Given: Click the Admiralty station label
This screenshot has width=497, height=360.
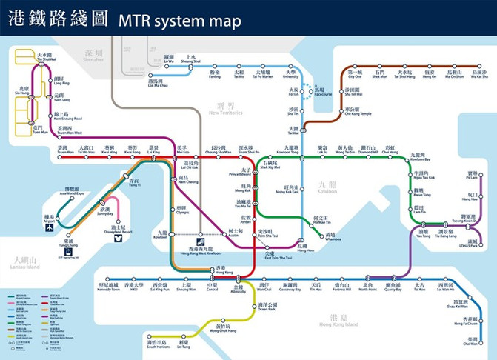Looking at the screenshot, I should (239, 290).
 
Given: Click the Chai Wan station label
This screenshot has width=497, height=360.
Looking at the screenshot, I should (470, 341).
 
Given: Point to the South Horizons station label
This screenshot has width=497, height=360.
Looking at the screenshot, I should (159, 344).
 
